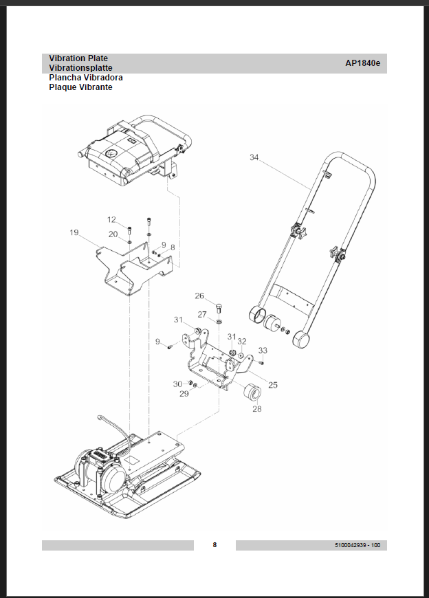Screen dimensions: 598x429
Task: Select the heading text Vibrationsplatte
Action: [80, 68]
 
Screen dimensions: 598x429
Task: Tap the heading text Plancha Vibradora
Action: [86, 78]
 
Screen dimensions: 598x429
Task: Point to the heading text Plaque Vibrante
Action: [80, 87]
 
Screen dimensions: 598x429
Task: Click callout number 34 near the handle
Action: [254, 158]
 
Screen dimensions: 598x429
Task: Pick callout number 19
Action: [74, 233]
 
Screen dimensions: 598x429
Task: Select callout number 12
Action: [111, 220]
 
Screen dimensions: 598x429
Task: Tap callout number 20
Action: [113, 234]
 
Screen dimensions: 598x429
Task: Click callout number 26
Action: [199, 296]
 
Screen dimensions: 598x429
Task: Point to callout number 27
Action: [202, 314]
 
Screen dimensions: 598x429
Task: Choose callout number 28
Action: [257, 409]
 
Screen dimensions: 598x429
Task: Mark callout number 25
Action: [273, 385]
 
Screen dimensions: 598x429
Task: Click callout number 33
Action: [263, 351]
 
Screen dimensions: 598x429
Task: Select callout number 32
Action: [242, 341]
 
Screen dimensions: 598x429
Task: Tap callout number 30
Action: [177, 384]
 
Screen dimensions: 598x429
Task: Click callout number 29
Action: [184, 394]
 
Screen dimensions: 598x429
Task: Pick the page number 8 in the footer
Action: [214, 545]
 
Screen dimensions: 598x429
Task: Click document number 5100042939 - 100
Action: [357, 545]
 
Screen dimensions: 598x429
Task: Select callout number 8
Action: [173, 247]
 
